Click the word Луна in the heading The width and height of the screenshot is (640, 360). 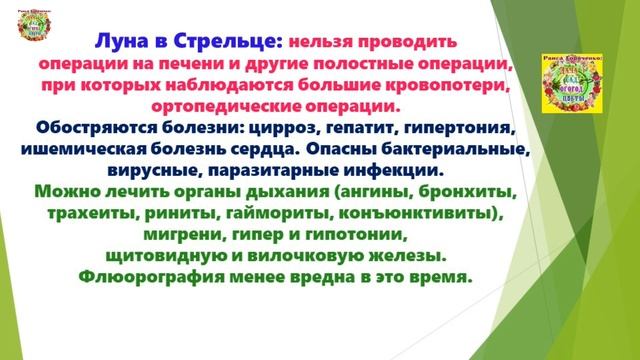pos(120,43)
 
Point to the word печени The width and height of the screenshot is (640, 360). pos(197,65)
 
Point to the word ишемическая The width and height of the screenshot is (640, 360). pos(106,149)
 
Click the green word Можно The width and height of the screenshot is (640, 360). pos(66,192)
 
